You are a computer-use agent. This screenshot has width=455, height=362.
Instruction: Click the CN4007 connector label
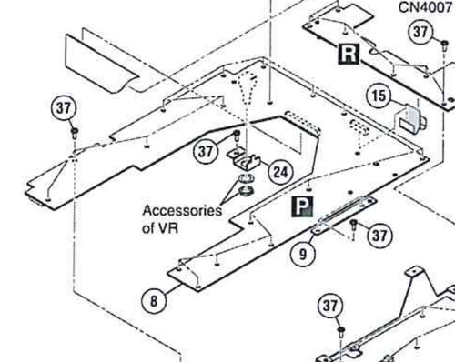click(x=425, y=7)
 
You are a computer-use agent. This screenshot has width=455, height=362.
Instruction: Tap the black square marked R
click(x=349, y=54)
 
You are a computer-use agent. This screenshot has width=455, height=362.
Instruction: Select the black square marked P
click(x=302, y=206)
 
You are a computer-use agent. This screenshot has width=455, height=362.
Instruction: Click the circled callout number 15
click(x=379, y=96)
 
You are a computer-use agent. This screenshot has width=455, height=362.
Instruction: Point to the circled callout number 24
click(x=280, y=172)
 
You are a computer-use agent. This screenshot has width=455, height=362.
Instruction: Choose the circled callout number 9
click(x=303, y=254)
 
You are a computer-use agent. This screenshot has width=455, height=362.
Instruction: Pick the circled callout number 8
click(x=154, y=301)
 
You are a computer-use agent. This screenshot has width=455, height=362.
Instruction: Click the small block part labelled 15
click(x=410, y=119)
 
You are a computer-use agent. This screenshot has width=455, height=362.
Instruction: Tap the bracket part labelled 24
click(x=244, y=161)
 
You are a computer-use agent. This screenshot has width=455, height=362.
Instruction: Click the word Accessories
click(x=182, y=211)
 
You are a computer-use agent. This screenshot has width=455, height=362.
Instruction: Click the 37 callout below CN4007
click(x=420, y=32)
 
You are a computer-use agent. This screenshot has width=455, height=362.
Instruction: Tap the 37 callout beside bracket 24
click(x=206, y=151)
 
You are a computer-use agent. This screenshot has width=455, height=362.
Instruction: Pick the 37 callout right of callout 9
click(x=379, y=235)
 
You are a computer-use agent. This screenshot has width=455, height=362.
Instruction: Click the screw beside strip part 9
click(x=353, y=226)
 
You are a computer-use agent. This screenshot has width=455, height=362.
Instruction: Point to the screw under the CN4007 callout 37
click(x=444, y=46)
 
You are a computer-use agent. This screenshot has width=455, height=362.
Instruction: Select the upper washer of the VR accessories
click(x=244, y=179)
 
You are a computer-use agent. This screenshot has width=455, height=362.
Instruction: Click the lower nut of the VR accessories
click(x=246, y=191)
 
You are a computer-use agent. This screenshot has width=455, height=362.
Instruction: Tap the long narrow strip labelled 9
click(x=344, y=216)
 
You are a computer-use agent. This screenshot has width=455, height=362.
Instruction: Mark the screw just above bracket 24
click(x=237, y=135)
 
